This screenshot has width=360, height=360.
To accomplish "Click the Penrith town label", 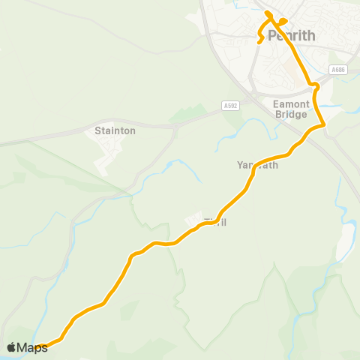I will (x=291, y=35).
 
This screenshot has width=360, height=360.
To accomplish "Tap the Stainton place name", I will (x=115, y=130).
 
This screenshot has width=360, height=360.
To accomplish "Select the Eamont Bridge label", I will (x=290, y=109).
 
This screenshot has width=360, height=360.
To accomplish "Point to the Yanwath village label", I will (x=257, y=165).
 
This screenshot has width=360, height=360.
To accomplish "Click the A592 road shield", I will (x=230, y=105).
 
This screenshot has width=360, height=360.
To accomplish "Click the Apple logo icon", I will (x=12, y=347).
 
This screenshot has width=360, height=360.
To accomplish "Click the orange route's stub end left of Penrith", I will (x=260, y=42).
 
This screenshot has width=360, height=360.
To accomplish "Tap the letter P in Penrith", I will (x=273, y=35).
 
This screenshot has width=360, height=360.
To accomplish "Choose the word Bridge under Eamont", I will (x=291, y=115).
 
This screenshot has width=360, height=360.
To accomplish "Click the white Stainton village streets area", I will (x=109, y=154).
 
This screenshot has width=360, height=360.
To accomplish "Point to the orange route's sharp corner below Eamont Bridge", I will (x=323, y=124).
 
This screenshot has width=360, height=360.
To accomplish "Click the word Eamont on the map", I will (x=290, y=103).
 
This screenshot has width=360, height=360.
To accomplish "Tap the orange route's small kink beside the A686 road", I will (x=316, y=88).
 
